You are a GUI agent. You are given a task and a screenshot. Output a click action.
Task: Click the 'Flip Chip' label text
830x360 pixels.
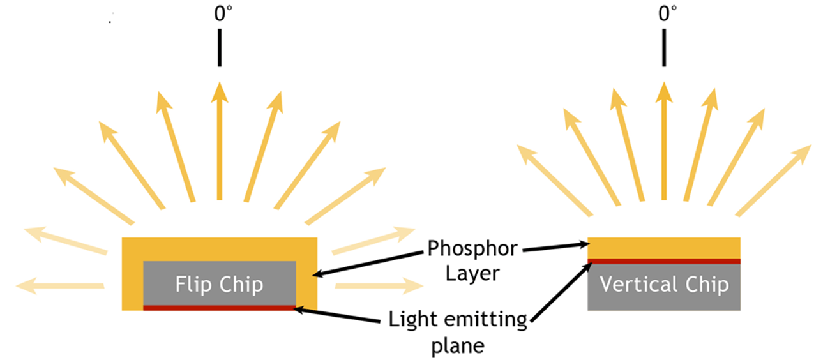[219, 284]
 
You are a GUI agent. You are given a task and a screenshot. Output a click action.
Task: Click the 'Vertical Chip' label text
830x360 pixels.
[664, 285]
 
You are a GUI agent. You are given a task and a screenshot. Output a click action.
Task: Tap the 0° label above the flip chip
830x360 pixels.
[221, 15]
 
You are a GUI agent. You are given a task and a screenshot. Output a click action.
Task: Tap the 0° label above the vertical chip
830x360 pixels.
[667, 15]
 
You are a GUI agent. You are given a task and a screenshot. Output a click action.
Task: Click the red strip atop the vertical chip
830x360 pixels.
[664, 261]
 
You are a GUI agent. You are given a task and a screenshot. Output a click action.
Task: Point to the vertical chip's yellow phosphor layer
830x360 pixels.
[664, 247]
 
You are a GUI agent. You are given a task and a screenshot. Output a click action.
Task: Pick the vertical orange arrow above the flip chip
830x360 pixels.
[220, 140]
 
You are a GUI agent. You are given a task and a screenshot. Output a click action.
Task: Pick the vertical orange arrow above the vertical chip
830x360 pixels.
[665, 140]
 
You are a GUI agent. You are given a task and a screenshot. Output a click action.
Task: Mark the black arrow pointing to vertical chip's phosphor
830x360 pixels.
[555, 247]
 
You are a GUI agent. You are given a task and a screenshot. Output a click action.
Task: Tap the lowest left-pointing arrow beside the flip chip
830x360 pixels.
[61, 285]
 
